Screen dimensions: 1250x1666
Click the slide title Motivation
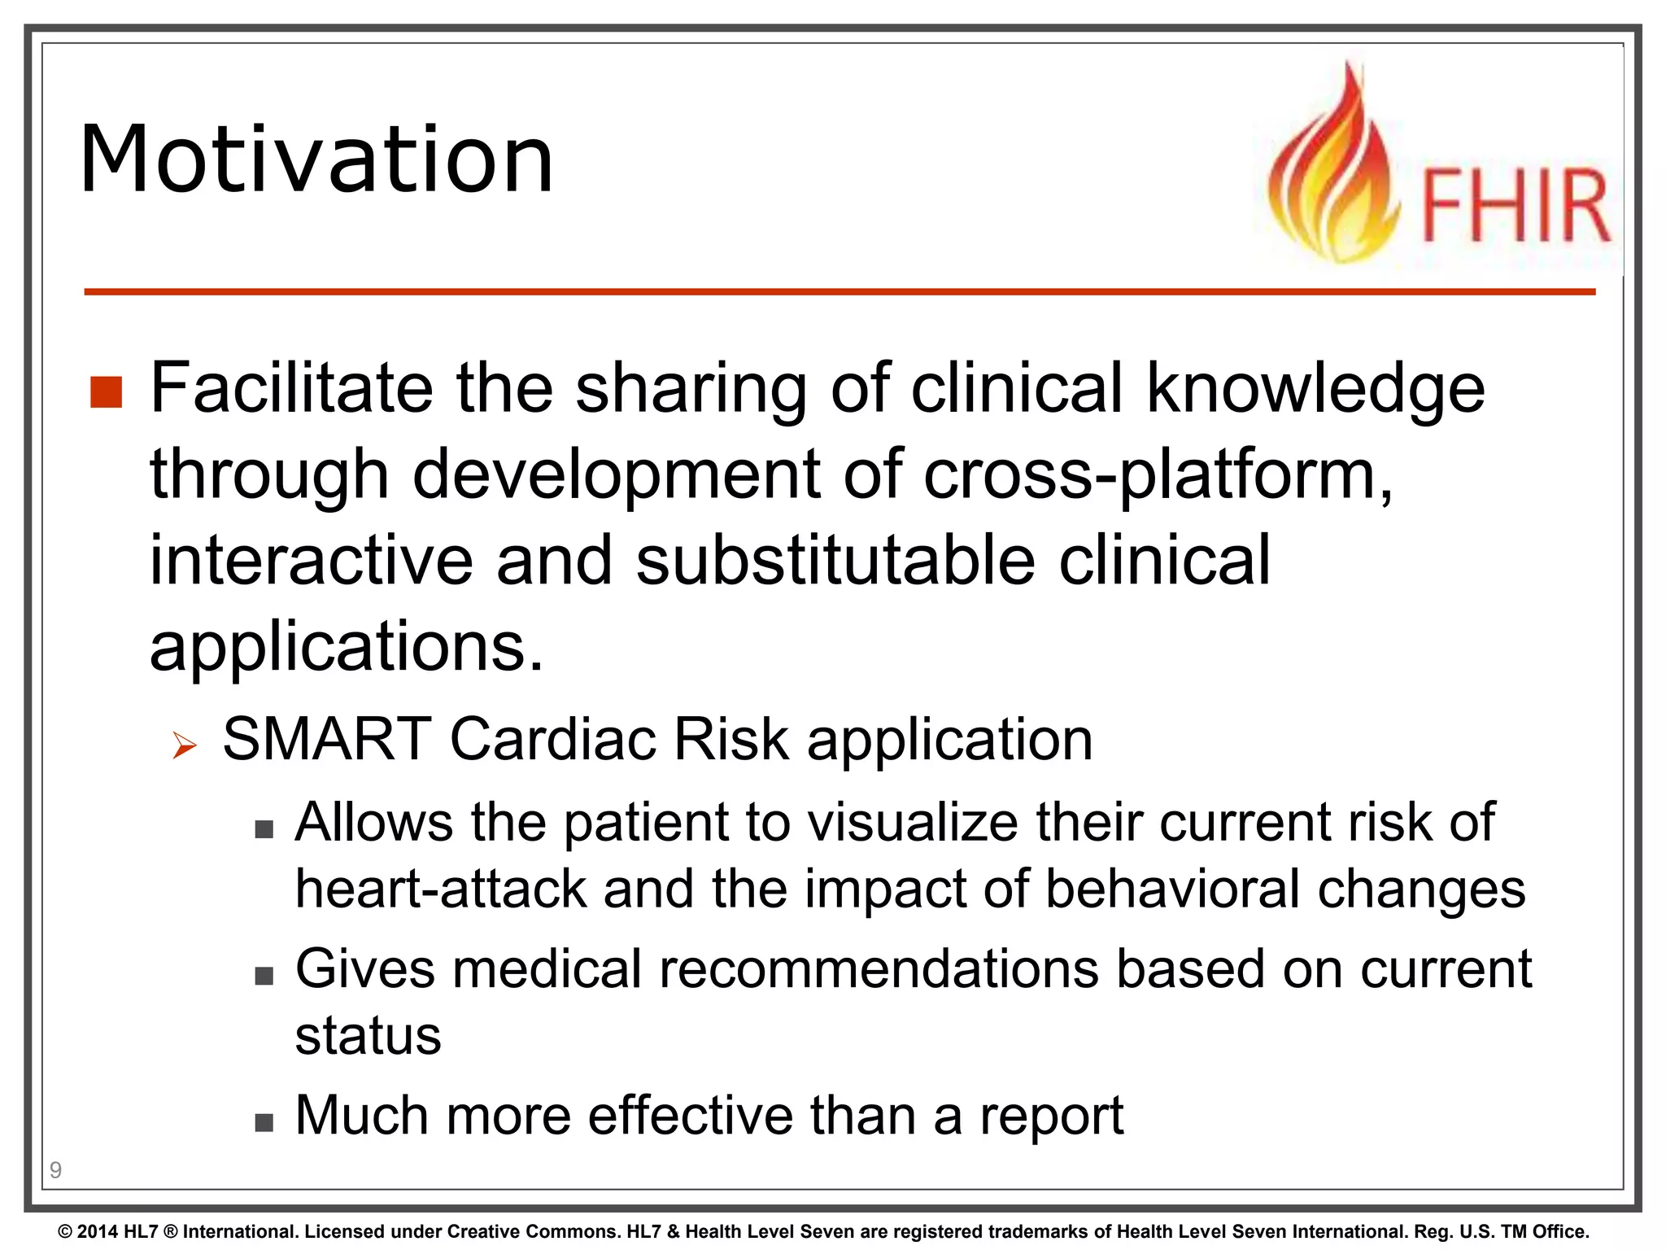(317, 160)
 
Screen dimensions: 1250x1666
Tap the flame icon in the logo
(1332, 175)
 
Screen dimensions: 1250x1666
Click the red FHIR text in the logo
(1516, 207)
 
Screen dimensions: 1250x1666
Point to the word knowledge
(1315, 390)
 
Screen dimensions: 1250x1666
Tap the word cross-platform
(1157, 476)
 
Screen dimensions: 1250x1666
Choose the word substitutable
(835, 561)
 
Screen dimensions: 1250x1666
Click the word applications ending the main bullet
(346, 648)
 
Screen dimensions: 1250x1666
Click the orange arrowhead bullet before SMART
(185, 745)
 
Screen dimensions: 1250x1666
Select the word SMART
(326, 740)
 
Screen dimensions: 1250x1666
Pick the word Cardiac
(552, 740)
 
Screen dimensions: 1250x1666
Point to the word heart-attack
(440, 889)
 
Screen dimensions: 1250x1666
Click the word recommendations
(879, 970)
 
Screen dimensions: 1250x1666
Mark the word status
(368, 1036)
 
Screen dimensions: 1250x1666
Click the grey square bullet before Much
(264, 1123)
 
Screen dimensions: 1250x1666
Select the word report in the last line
(1051, 1117)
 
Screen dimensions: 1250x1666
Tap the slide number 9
(55, 1170)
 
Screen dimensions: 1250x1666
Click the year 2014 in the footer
(98, 1232)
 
